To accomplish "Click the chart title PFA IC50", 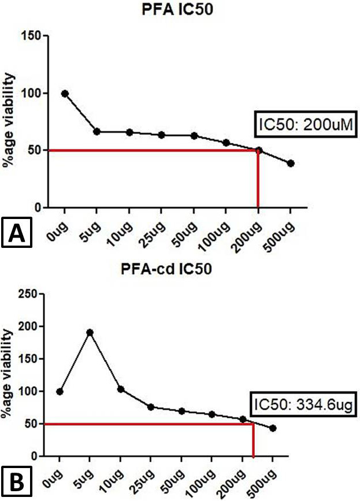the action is [177, 9].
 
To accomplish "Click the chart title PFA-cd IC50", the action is [166, 269].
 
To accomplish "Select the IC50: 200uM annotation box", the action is [306, 124].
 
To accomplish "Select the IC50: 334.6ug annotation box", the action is [303, 405].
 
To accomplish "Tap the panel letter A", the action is [17, 232].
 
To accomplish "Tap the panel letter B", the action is [17, 483].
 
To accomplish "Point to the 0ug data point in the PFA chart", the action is [65, 94].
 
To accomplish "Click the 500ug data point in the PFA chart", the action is [291, 164].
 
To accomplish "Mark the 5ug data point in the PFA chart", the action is [97, 132].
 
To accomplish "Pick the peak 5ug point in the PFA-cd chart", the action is [90, 333].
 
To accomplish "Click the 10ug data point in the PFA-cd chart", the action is [120, 389].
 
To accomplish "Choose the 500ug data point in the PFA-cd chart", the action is [273, 428].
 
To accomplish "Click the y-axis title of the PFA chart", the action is [9, 120].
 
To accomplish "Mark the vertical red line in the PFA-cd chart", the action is [253, 440].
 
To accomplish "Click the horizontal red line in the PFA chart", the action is [153, 150].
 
